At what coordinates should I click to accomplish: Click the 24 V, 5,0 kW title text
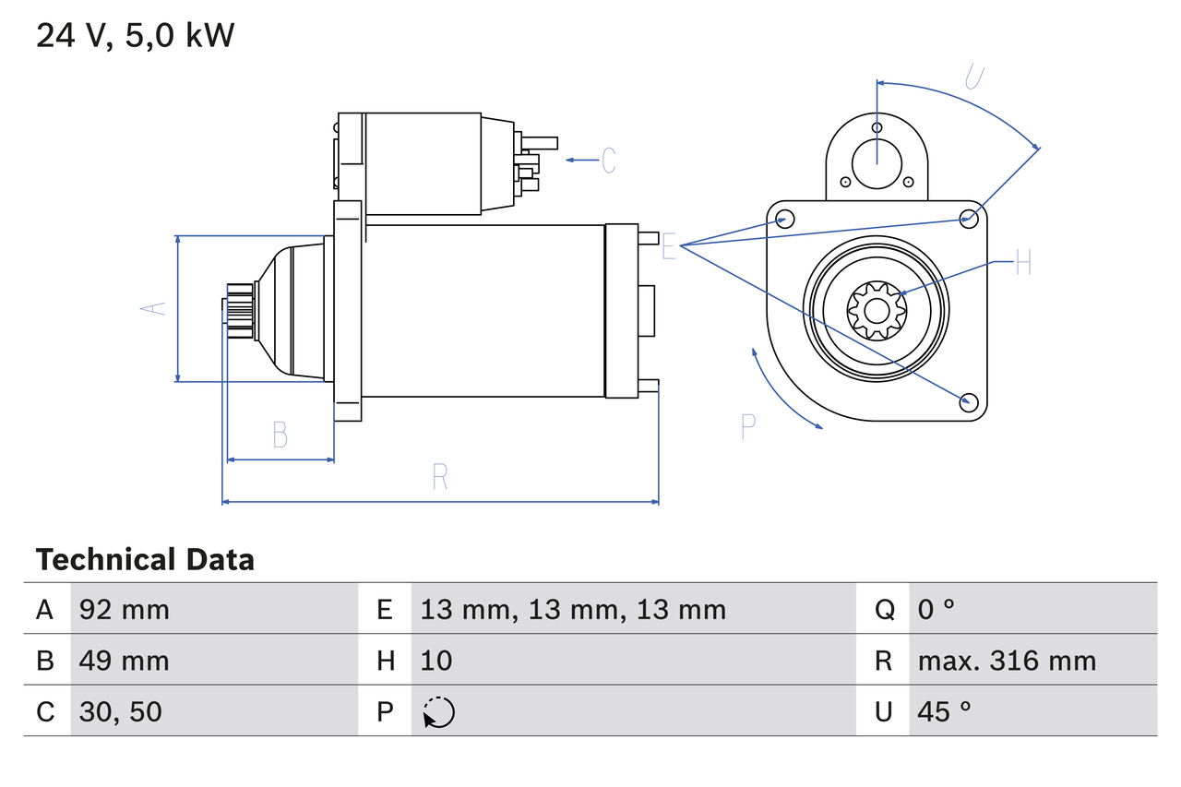tap(136, 36)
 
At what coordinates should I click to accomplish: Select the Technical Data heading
tap(145, 560)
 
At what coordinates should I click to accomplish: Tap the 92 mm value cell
tap(125, 609)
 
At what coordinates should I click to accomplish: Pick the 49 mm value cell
tap(125, 661)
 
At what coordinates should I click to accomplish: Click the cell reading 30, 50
tap(121, 711)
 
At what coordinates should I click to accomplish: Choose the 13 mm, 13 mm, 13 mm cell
tap(573, 609)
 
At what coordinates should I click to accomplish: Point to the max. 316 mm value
tap(1007, 661)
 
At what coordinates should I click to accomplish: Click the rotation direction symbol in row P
tap(438, 712)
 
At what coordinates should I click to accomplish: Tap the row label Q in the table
tap(884, 609)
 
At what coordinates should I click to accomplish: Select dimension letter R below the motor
tap(440, 477)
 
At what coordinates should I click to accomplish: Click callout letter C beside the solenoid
tap(608, 161)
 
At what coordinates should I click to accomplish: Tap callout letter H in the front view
tap(1022, 263)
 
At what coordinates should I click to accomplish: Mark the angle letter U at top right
tap(972, 77)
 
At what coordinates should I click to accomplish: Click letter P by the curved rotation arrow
tap(748, 426)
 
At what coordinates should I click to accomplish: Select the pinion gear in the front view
tap(877, 309)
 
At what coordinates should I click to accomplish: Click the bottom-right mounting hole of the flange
tap(969, 401)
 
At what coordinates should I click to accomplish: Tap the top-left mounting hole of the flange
tap(784, 219)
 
